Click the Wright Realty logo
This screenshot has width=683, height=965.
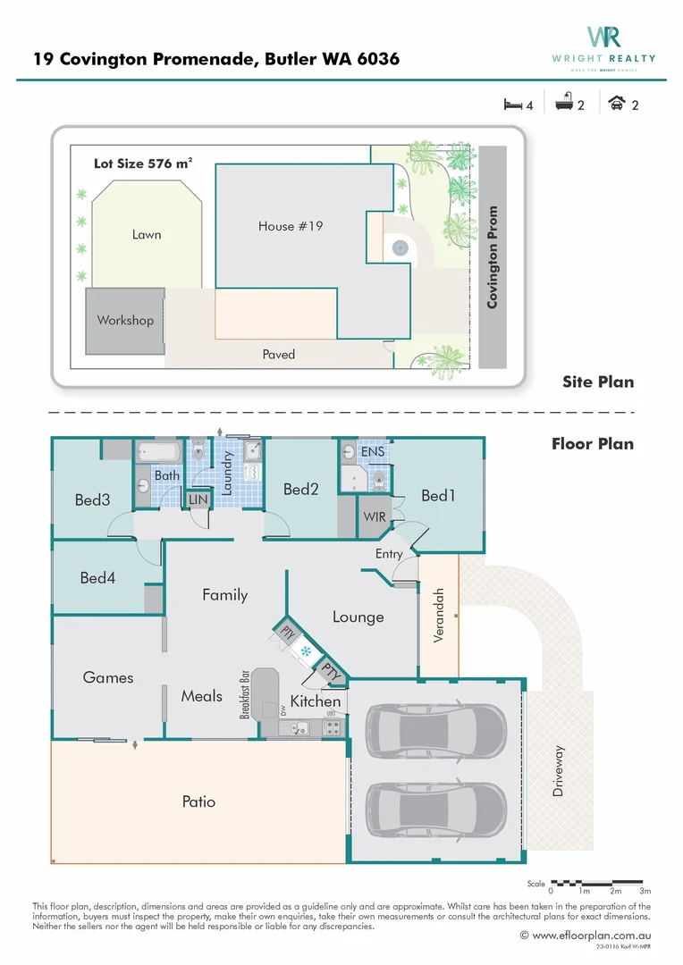[603, 43]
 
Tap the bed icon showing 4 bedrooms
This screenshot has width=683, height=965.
[513, 105]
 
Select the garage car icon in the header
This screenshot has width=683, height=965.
[617, 104]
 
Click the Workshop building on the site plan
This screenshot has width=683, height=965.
[125, 321]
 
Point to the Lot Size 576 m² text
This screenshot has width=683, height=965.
[143, 164]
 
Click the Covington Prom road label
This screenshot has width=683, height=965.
[493, 258]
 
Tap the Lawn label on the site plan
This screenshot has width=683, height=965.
[147, 234]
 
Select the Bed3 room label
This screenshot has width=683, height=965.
[92, 500]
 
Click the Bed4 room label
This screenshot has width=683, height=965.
[97, 578]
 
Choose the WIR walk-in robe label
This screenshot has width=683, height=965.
[374, 517]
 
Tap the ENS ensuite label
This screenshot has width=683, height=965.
[372, 453]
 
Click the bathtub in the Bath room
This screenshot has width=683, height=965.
[159, 453]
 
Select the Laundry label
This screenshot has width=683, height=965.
[227, 474]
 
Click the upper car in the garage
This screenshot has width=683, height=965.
[434, 724]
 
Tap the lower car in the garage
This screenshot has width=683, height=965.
[434, 801]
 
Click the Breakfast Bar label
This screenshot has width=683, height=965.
[243, 694]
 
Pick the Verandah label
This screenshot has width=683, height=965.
[439, 616]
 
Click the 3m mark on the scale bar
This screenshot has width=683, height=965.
[645, 891]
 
